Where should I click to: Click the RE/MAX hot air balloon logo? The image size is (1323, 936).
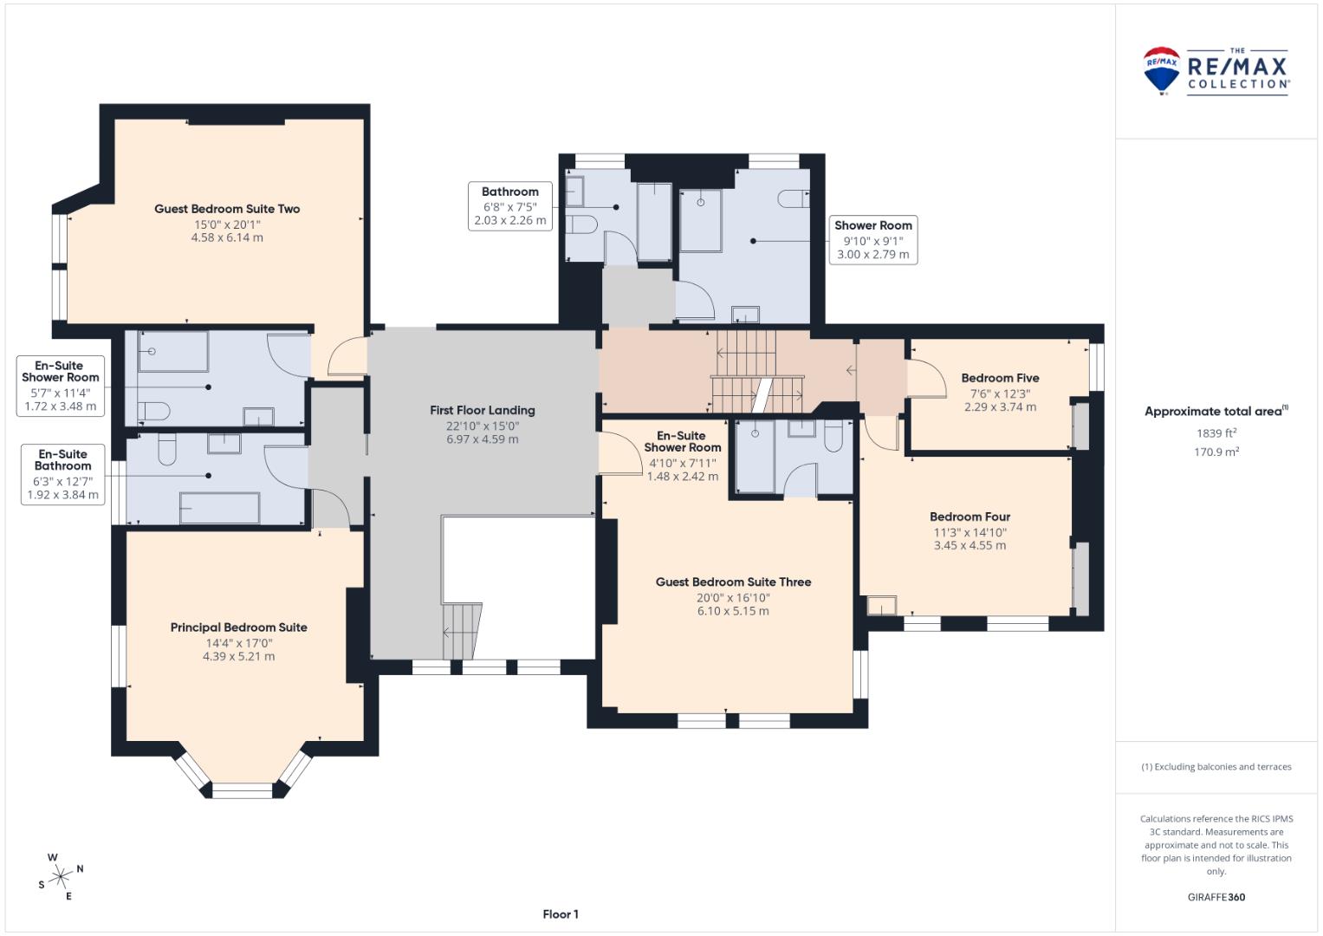1161,70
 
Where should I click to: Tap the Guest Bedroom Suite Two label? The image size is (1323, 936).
227,209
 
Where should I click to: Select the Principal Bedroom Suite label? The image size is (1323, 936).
238,627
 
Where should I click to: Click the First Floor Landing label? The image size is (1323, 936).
483,410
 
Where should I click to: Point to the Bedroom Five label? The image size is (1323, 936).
1000,378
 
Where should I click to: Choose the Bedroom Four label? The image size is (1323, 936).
970,517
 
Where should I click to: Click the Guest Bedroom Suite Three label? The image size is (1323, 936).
734,582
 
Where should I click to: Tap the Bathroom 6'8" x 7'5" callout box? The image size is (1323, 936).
510,206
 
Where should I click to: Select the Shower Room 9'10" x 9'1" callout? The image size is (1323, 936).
873,240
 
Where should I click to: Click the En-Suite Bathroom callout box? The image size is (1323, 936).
63,475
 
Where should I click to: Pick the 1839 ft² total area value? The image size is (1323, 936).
1216,433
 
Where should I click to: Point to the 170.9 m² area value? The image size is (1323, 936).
1216,452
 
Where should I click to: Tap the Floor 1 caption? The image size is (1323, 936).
561,914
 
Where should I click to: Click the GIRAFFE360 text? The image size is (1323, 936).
1216,897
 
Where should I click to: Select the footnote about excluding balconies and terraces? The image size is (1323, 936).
1216,766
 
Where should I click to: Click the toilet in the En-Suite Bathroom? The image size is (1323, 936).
167,450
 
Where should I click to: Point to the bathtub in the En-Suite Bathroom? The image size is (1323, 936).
220,508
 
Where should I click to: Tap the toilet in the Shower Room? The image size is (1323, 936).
794,198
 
